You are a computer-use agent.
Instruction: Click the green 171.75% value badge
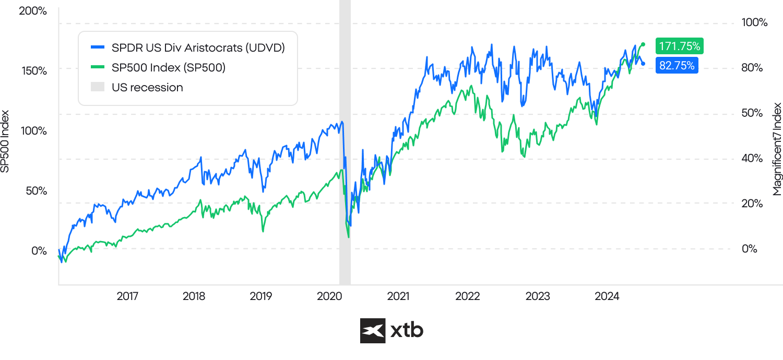679,46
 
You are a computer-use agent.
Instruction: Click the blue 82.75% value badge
677,65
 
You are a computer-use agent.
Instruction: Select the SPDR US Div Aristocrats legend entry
198,48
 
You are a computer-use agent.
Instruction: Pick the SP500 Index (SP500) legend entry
168,67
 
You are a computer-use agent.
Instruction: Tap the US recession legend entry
147,87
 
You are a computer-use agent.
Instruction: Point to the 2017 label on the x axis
127,296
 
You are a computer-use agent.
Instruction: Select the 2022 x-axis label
467,296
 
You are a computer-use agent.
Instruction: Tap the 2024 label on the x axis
607,296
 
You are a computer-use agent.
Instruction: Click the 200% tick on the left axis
33,10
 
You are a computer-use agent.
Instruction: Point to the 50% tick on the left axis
37,190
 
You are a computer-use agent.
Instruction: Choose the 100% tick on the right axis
754,23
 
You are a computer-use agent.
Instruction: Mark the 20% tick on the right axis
752,203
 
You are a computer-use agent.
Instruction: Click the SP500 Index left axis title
6,141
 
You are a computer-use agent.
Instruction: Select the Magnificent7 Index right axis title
777,149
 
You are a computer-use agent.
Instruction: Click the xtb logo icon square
373,331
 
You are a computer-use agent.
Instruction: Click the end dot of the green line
643,44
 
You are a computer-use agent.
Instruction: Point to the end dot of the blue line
643,64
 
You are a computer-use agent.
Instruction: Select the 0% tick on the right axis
750,249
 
